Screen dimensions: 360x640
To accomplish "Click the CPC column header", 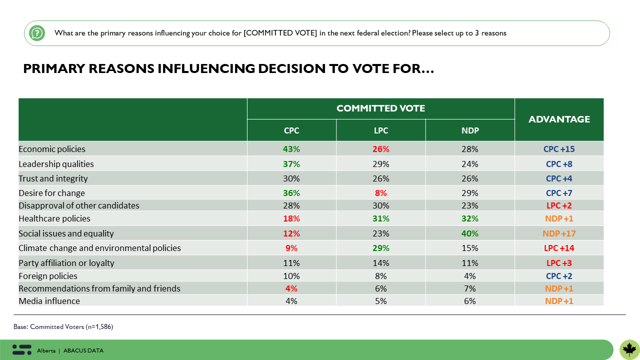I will pos(291,130).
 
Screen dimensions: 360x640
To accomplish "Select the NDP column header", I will pos(470,130).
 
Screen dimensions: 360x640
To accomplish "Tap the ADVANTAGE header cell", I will pos(559,119).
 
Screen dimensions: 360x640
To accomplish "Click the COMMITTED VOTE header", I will pos(380,108).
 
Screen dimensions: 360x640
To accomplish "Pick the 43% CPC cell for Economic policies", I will pos(291,149).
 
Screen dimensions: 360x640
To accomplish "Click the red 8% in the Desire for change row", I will pos(380,193).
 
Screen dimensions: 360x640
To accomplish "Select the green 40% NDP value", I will pos(470,233).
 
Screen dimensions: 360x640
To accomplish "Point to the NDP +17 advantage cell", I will pos(559,233).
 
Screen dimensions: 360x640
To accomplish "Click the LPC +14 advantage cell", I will pos(559,248).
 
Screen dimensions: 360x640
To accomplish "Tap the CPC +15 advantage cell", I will pos(559,149).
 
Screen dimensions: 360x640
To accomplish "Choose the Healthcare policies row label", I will pos(54,218).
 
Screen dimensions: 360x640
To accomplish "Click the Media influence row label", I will pos(49,301).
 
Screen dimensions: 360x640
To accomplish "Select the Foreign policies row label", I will pos(48,276).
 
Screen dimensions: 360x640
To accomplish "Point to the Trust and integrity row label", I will pos(53,178).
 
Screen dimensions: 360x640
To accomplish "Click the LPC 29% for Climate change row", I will pos(380,248).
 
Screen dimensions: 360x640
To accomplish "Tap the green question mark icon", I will pos(37,33).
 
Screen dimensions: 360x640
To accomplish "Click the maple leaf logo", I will pos(629,349).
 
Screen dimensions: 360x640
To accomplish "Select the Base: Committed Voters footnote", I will pos(63,326).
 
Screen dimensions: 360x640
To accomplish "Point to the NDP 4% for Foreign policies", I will pos(470,276).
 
